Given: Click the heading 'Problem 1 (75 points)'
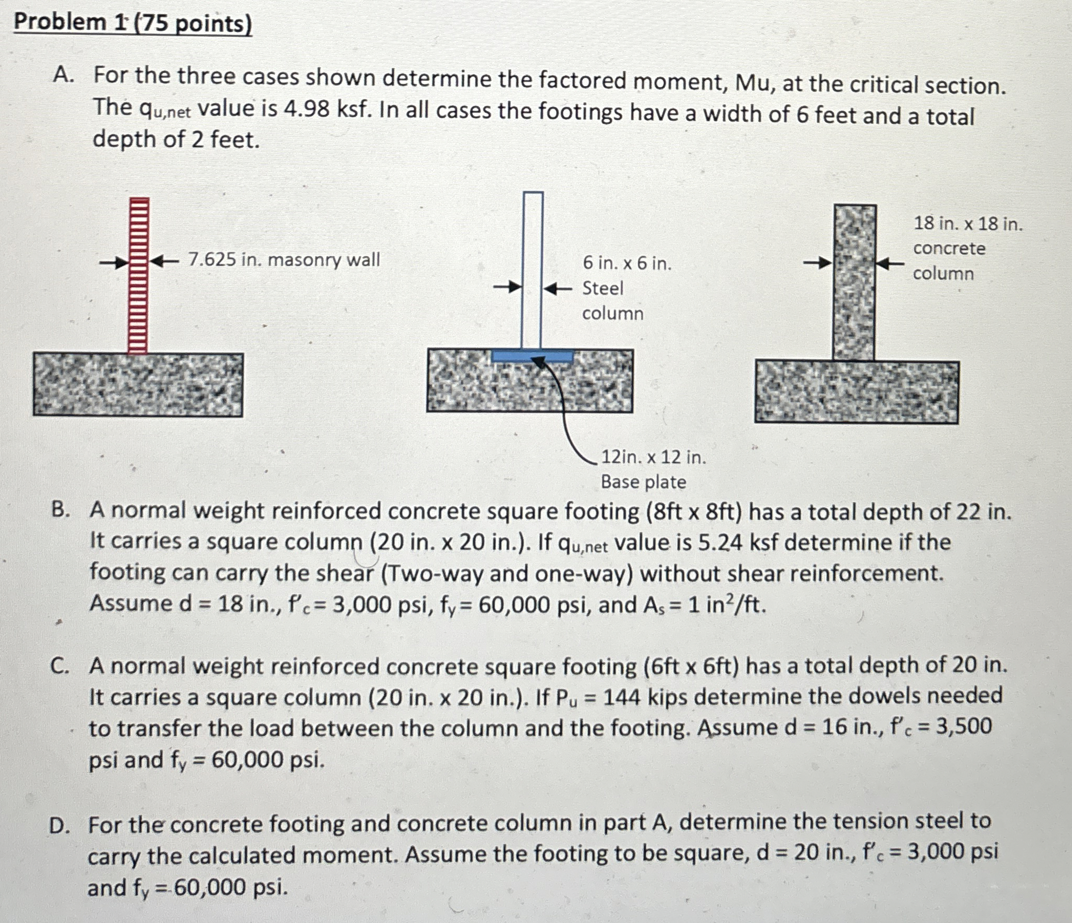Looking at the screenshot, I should [132, 23].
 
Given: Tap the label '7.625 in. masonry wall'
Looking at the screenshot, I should [284, 260].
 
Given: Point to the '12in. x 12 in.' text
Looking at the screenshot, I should [653, 458].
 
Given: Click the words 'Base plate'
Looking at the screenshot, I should [643, 482].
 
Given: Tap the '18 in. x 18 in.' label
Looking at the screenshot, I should [968, 224].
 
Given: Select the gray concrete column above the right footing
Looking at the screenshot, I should [854, 283].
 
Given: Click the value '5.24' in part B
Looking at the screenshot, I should [721, 543].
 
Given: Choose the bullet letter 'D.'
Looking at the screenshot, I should [59, 825].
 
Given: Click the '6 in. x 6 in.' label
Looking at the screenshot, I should [627, 263].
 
